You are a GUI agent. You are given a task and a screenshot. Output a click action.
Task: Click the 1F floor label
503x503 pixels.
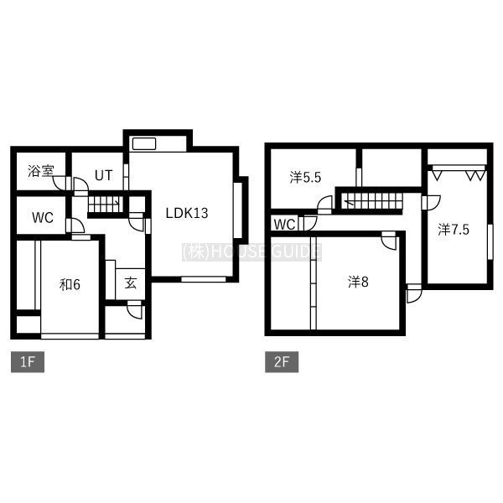pos(28,362)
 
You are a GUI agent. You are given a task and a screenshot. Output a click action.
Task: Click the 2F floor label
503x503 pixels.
pos(282,362)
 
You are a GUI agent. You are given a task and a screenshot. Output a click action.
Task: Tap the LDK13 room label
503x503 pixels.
pos(187,213)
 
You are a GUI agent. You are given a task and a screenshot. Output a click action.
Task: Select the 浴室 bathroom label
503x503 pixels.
pos(41,171)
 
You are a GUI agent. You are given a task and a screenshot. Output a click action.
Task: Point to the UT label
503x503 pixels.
pos(104,175)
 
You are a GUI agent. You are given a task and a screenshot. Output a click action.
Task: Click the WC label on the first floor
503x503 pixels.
pos(43,218)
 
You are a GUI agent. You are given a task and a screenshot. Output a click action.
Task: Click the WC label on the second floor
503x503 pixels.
pos(285,224)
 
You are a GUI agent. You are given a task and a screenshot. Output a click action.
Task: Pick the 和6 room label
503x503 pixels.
pos(70,284)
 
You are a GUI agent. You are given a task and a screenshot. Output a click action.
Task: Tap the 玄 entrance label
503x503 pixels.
pos(131,283)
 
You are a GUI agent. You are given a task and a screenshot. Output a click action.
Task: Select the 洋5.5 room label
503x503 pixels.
pos(305,178)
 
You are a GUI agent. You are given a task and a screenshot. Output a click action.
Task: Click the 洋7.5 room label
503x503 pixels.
pos(454,230)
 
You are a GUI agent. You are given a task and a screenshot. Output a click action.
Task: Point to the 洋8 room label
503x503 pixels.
pos(358,282)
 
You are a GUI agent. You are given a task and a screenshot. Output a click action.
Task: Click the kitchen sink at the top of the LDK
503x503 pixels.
pos(144,144)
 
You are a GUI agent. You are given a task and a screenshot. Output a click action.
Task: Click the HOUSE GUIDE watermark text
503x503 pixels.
pos(251,252)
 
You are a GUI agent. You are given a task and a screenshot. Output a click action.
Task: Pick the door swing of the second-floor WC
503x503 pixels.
pos(310,223)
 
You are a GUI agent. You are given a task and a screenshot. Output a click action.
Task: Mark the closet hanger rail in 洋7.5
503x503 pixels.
pos(459,169)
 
